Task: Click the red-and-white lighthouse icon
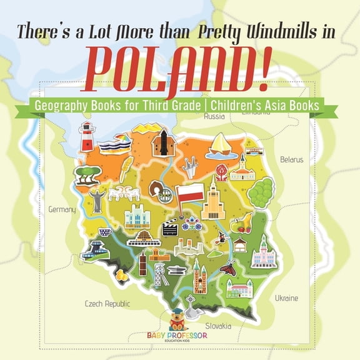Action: click(86, 137)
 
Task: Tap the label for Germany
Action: click(62, 209)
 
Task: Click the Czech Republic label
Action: click(107, 304)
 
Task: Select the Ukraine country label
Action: click(286, 298)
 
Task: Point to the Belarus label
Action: click(291, 159)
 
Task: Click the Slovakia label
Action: click(219, 326)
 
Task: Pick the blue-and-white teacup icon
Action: click(106, 232)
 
